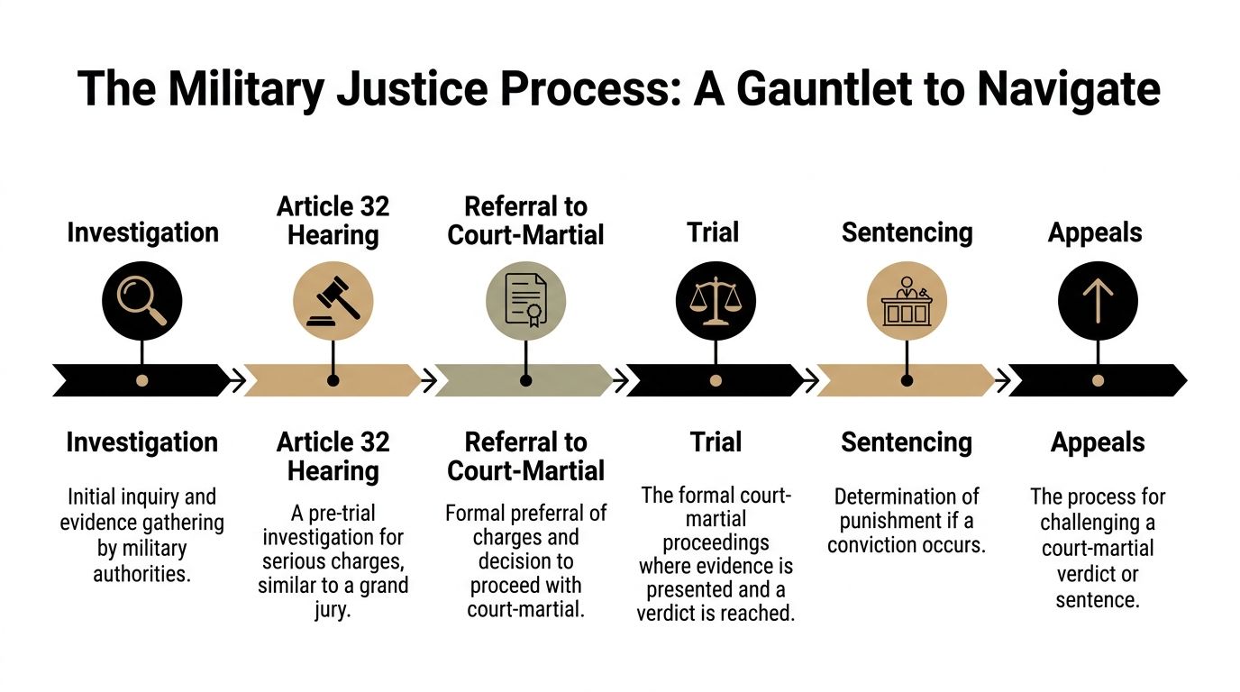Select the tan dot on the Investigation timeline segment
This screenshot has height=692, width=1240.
pos(142,380)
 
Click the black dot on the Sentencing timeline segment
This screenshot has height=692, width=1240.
pos(907,380)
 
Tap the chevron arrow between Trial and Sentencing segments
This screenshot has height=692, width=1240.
pos(810,381)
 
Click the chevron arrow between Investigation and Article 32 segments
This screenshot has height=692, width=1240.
pos(236,381)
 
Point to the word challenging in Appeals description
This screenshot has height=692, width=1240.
pos(1098,523)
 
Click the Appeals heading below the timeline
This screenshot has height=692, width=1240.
pos(1098,442)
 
